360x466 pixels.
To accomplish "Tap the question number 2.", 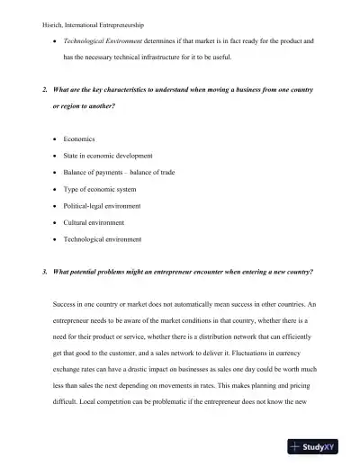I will point(45,91).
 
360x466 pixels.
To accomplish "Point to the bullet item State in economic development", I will point(108,156).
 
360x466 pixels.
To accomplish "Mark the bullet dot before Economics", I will point(56,140).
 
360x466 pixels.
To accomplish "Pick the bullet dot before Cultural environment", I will point(56,222).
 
